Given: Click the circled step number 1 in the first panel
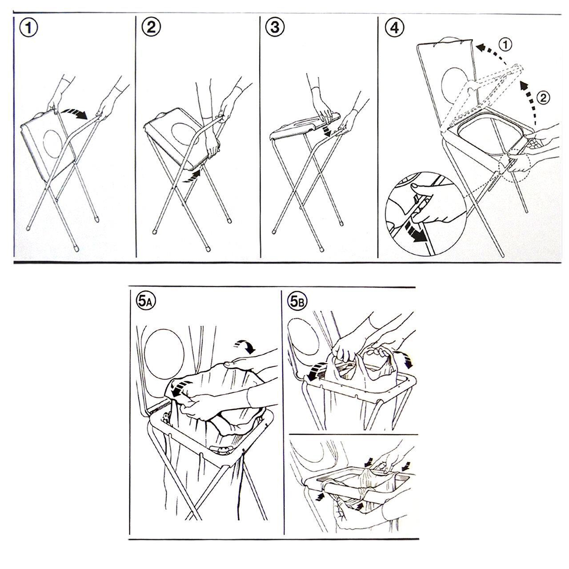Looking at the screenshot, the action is [x=28, y=28].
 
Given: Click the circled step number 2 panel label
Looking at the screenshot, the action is [x=151, y=28].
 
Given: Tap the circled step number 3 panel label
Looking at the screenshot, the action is [x=275, y=28].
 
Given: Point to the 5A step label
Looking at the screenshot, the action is [x=145, y=301].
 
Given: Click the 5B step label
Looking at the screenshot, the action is [x=298, y=301].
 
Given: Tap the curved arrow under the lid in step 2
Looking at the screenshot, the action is [x=192, y=176].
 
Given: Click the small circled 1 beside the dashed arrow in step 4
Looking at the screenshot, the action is [x=505, y=45].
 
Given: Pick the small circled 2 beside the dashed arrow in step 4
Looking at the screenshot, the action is [x=543, y=98].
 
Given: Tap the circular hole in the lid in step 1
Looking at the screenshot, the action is [x=52, y=144].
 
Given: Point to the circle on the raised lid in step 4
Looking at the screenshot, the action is [x=454, y=83].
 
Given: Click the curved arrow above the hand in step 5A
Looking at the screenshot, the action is [x=244, y=346].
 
